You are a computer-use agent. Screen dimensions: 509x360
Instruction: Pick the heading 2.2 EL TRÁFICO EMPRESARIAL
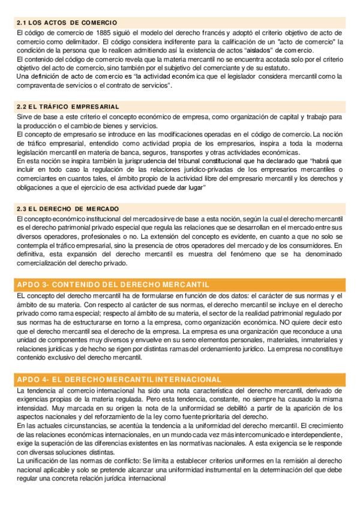click(x=68, y=107)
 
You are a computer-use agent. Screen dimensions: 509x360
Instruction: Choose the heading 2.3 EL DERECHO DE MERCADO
click(x=67, y=208)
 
